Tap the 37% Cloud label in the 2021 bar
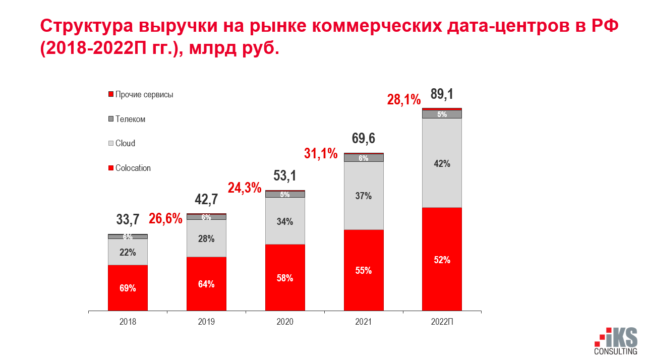[x=363, y=196]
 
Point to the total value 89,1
[x=442, y=94]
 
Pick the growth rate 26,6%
[x=165, y=219]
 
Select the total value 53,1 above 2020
[x=285, y=176]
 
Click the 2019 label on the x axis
[x=206, y=322]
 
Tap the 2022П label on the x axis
[x=442, y=322]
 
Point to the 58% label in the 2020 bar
[x=285, y=278]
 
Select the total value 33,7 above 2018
[x=128, y=219]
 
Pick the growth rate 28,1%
[x=404, y=99]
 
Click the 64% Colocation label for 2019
[x=206, y=284]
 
